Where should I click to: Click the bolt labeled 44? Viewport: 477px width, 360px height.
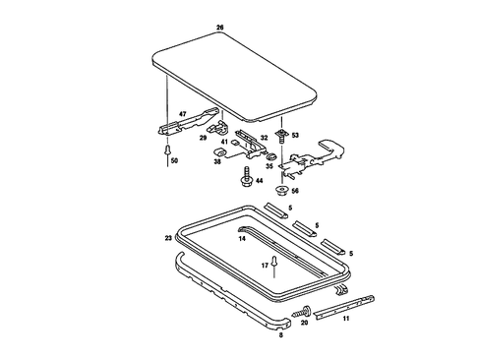coord(242,180)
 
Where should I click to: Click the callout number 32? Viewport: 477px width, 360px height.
coord(264,138)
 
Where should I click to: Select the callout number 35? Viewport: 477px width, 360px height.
coord(268,166)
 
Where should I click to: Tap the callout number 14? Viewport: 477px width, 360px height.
coord(241,238)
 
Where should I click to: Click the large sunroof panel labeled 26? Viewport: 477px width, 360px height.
coord(236,74)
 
